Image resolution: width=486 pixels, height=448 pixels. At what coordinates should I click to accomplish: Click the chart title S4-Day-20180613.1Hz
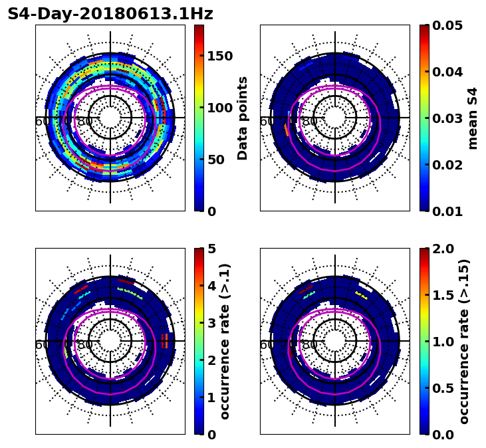(110, 14)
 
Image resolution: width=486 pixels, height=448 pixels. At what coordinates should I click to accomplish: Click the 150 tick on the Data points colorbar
(220, 56)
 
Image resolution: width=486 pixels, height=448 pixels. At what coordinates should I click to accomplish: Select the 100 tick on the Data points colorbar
(220, 108)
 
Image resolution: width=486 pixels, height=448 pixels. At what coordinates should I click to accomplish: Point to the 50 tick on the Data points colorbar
(216, 160)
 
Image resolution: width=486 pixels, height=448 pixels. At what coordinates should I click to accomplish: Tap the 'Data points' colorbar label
(243, 118)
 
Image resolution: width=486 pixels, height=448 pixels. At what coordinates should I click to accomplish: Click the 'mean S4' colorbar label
(473, 118)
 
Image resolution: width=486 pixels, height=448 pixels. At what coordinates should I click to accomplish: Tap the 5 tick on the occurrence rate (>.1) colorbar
(211, 249)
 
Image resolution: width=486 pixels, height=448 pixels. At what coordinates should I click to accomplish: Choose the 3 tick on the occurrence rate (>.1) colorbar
(211, 323)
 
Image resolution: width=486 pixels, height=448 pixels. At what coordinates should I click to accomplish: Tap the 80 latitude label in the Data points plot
(85, 122)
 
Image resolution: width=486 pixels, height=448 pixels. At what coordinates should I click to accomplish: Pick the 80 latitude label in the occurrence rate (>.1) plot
(85, 345)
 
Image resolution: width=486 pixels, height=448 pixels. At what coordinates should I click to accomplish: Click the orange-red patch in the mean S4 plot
(287, 130)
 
